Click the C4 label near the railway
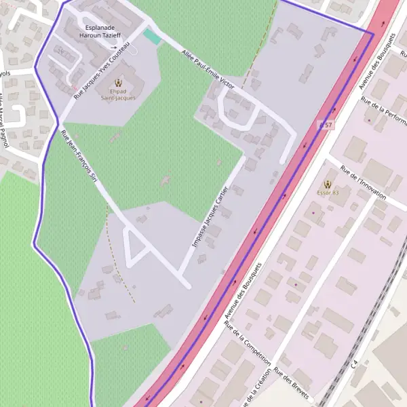pos(354,364)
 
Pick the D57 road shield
pos(326,125)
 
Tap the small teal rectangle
pos(153,37)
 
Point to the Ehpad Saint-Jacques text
pos(118,98)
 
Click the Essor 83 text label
pos(328,193)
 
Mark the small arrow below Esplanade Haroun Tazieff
pos(114,47)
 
